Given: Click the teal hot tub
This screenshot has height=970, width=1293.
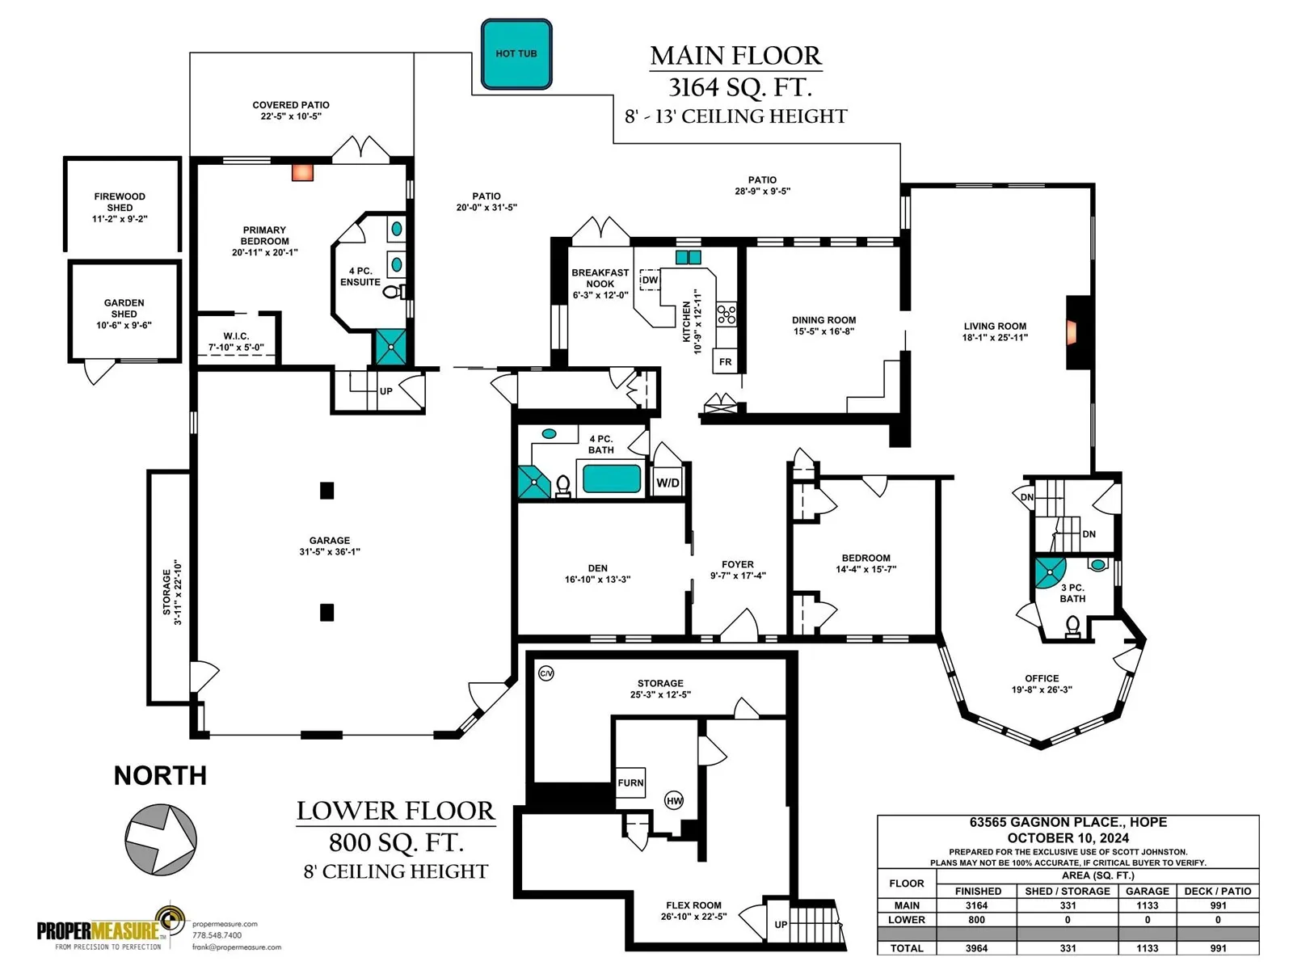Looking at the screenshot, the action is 516,53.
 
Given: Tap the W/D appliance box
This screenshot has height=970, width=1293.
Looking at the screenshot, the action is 668,483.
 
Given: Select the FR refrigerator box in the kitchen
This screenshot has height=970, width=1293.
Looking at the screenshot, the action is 725,361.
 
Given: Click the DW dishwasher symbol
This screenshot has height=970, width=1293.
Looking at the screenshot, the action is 649,280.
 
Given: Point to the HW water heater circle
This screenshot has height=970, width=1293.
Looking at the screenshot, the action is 674,800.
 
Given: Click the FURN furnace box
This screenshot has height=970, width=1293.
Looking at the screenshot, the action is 630,782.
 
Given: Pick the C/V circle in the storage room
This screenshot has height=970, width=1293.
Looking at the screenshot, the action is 546,673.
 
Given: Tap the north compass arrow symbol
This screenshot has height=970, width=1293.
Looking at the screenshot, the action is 161,839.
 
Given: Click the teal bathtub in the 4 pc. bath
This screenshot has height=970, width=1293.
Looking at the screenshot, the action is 612,479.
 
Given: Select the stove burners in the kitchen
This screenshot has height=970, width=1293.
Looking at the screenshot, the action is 727,314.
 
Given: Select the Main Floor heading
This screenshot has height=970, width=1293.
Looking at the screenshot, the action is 735,56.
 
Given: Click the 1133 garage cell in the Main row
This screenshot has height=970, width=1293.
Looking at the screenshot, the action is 1147,905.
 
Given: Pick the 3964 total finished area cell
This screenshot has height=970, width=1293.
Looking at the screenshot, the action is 976,948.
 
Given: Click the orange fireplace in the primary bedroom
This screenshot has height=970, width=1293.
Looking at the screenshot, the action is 302,172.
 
